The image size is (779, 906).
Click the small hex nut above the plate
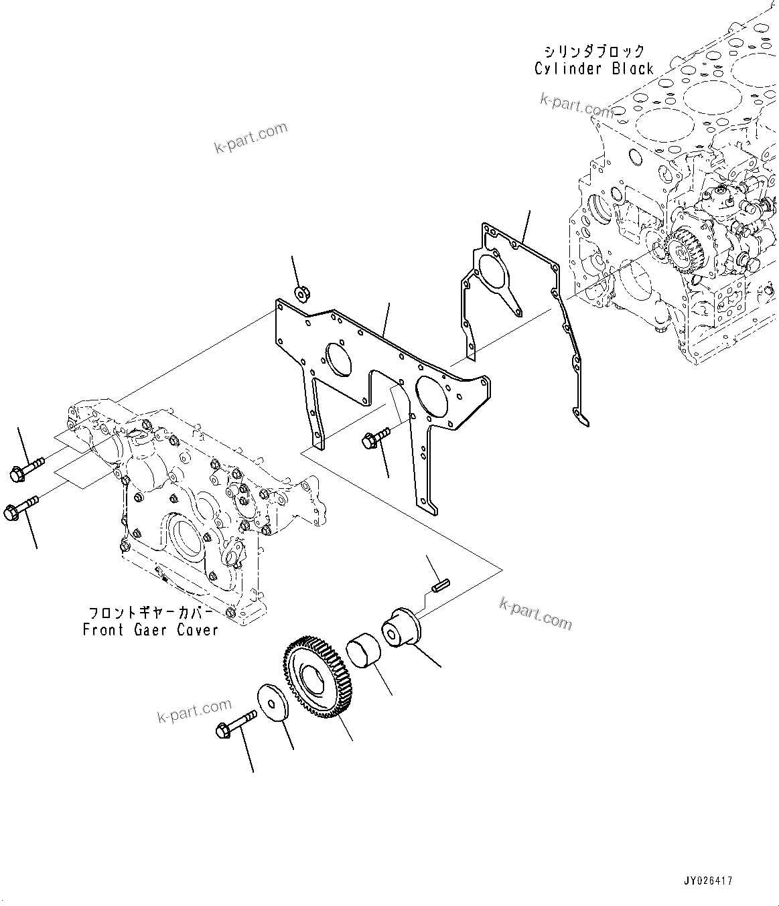click(x=301, y=292)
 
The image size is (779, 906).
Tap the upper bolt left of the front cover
click(x=26, y=468)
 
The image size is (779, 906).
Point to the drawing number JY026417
click(x=708, y=881)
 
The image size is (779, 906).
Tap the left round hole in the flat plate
click(x=338, y=361)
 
